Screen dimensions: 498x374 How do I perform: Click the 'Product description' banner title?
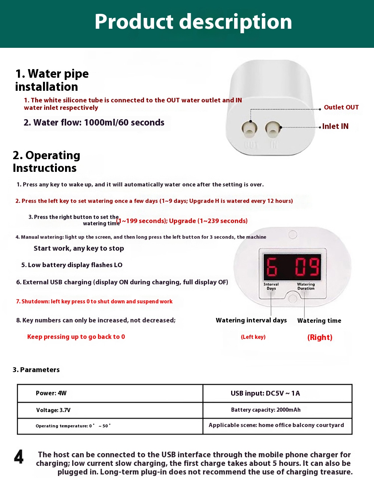point(193,22)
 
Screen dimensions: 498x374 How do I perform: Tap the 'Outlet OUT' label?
point(341,108)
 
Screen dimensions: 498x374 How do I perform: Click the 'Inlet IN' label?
point(335,127)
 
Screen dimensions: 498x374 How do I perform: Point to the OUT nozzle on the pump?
point(249,129)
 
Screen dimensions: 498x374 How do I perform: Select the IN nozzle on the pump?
point(273,129)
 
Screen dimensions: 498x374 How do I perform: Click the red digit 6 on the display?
point(272,267)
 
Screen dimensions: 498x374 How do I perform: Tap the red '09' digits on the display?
point(307,267)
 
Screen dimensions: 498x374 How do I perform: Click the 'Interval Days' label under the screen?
point(271,287)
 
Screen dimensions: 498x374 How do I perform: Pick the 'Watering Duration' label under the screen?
point(306,287)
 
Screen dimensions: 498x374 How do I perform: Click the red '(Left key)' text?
point(253,337)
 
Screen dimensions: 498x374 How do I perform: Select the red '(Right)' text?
point(320,337)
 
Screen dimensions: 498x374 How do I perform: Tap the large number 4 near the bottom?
point(19,457)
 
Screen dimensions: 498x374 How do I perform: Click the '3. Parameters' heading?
point(36,370)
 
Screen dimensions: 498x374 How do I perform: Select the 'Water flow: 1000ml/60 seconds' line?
point(94,123)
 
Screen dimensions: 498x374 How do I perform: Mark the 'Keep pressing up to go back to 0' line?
point(76,337)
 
